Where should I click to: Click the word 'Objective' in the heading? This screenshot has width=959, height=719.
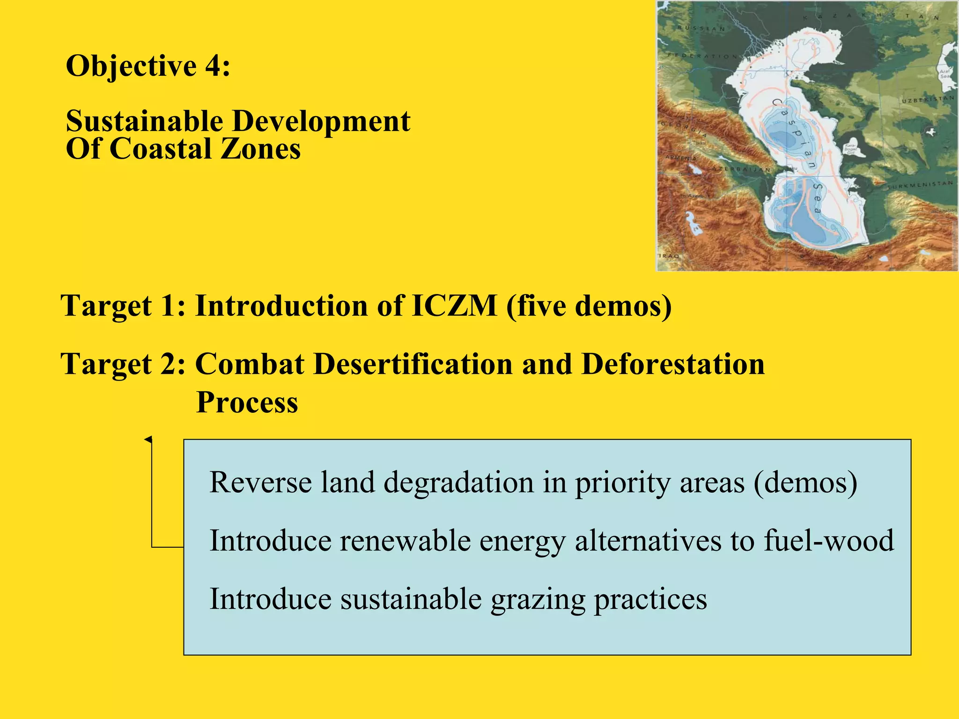point(131,66)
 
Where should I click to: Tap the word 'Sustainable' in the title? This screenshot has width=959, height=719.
point(144,121)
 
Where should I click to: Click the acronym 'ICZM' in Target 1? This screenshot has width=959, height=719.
point(454,306)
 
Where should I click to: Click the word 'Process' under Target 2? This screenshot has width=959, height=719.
point(247,402)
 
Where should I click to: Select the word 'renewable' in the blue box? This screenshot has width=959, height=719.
point(405,541)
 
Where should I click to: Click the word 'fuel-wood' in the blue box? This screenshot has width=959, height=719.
point(828,541)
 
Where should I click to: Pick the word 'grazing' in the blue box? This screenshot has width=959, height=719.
point(538,600)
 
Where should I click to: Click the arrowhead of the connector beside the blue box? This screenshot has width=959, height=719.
point(148,439)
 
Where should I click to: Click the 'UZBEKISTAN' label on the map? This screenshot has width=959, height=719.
point(928,100)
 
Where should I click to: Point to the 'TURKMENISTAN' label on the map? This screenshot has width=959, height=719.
point(921,185)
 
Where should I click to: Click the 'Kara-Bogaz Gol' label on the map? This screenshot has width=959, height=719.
point(850,149)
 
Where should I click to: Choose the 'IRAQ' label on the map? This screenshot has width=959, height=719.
point(669,256)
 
